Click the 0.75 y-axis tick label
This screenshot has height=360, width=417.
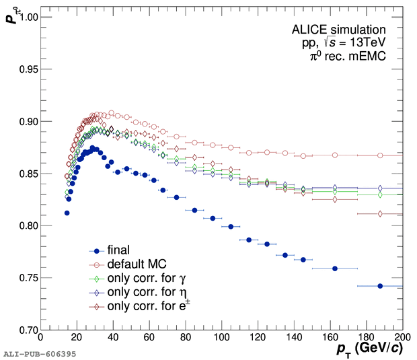click(24, 278)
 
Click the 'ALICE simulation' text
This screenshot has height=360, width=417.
click(338, 30)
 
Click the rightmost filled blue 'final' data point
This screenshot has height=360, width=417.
click(380, 286)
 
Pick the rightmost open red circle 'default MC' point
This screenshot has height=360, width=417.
click(380, 155)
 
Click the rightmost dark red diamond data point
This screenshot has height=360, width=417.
click(380, 214)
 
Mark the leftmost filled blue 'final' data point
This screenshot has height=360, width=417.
click(67, 213)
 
